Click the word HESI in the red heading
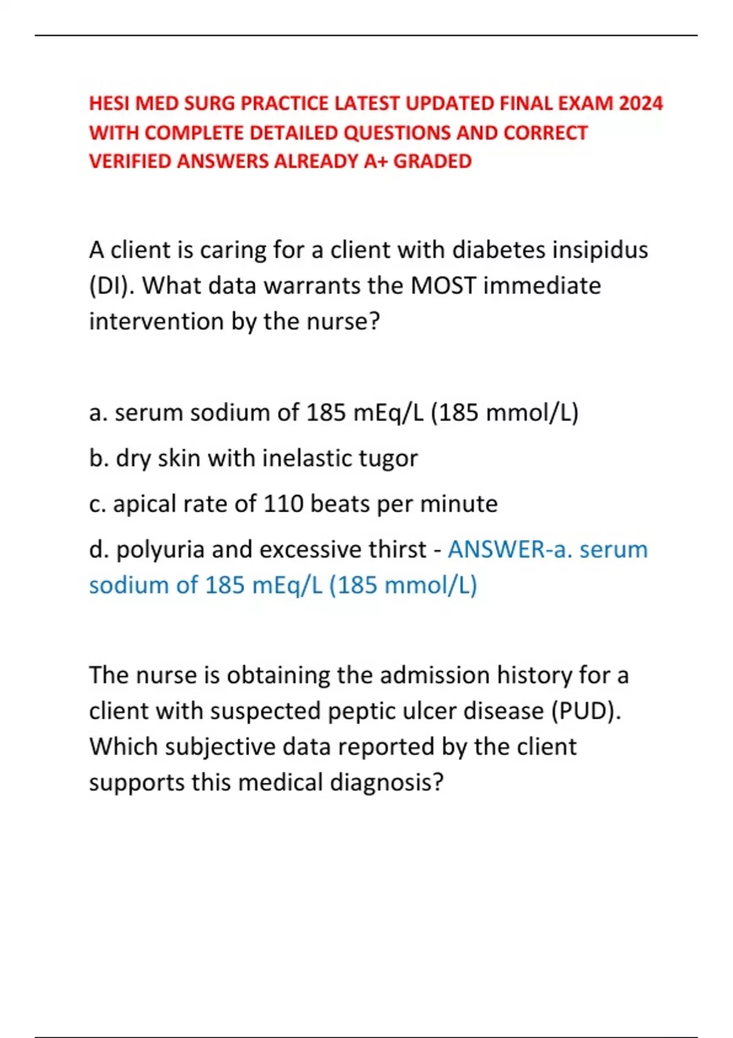click(109, 103)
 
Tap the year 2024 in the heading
click(640, 103)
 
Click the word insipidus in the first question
click(600, 250)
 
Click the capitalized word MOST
click(443, 286)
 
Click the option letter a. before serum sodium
click(98, 413)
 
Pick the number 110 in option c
click(283, 504)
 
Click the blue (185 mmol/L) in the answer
click(403, 586)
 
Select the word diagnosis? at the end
click(387, 783)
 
